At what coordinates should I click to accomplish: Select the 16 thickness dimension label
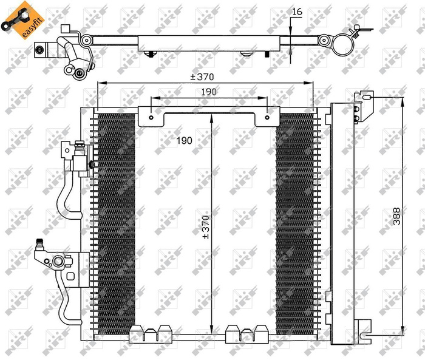(297, 11)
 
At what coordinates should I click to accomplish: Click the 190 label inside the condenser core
(184, 140)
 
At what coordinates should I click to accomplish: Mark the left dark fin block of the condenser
(116, 222)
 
